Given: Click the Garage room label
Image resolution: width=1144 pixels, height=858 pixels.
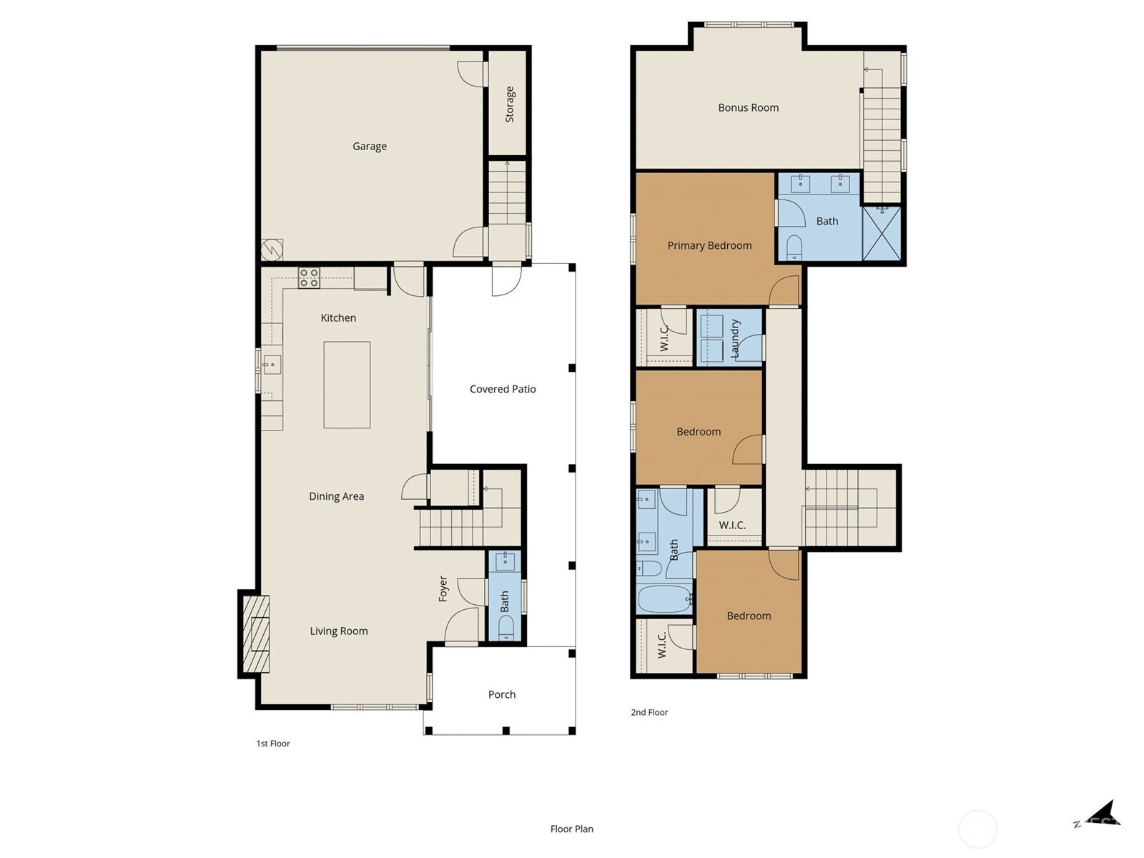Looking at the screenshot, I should pyautogui.click(x=369, y=146).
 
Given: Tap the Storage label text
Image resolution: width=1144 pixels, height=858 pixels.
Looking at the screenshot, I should pyautogui.click(x=510, y=104).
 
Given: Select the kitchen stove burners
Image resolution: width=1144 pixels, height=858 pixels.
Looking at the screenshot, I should pyautogui.click(x=309, y=278).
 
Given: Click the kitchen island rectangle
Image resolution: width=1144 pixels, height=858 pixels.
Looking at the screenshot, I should pyautogui.click(x=347, y=385).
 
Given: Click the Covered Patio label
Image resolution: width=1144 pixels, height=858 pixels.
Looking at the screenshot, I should pyautogui.click(x=503, y=389).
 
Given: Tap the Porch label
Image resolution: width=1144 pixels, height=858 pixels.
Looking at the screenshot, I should pyautogui.click(x=501, y=694).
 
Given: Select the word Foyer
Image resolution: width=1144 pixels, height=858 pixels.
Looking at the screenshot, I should pyautogui.click(x=443, y=588).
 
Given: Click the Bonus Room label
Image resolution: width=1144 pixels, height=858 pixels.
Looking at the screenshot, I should pyautogui.click(x=748, y=107).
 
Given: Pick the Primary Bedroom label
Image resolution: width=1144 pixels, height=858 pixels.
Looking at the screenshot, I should pyautogui.click(x=709, y=245).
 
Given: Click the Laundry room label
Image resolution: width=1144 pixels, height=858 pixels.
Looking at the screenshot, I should pyautogui.click(x=735, y=338).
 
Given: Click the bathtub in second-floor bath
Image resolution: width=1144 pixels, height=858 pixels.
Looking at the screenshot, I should pyautogui.click(x=664, y=598).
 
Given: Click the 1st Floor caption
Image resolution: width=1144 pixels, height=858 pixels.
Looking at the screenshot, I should pyautogui.click(x=273, y=744).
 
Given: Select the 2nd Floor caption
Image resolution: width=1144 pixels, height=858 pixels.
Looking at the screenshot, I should pyautogui.click(x=649, y=712).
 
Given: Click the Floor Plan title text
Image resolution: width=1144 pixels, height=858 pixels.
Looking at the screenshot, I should pyautogui.click(x=571, y=829).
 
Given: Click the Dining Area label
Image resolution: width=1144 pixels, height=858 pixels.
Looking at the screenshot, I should pyautogui.click(x=336, y=496).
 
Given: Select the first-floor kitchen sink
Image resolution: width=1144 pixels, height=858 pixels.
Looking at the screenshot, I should pyautogui.click(x=271, y=365).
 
